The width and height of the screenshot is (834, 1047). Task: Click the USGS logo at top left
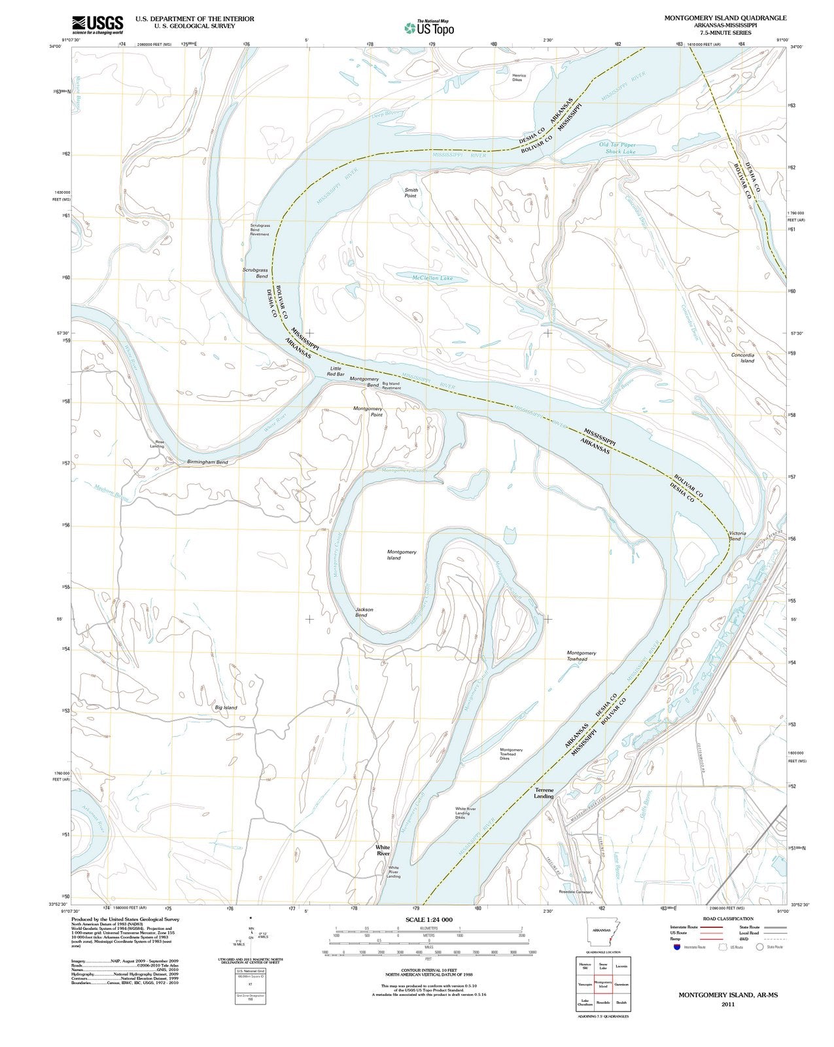point(97,25)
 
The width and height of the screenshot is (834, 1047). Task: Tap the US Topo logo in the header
point(430,27)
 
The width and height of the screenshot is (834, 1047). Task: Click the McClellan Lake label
point(432,278)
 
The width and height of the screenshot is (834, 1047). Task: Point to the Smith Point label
point(410,193)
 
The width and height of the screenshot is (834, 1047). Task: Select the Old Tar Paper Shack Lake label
point(617,148)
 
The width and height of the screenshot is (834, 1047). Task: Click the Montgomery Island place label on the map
point(402,555)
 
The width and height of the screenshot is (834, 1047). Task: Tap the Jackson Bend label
point(364,612)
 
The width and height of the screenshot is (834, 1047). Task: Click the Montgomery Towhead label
point(581,656)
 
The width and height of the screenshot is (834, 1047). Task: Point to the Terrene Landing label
point(544,793)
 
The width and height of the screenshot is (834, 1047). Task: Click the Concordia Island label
point(742,357)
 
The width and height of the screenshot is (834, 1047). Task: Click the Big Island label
point(226,707)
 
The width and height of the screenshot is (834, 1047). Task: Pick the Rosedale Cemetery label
point(576,892)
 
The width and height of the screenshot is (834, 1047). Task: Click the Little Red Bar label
point(336,371)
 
